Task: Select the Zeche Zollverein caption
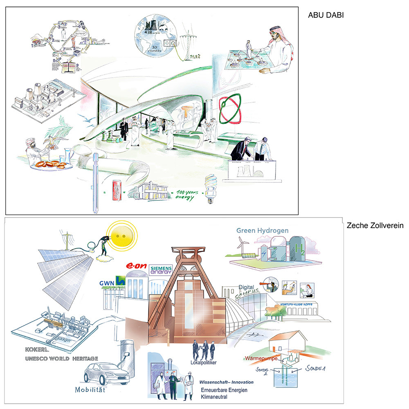point(375,225)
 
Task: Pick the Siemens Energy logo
point(162,270)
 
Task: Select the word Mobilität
point(90,390)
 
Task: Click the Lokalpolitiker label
point(203,362)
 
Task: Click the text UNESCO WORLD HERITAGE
point(60,359)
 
